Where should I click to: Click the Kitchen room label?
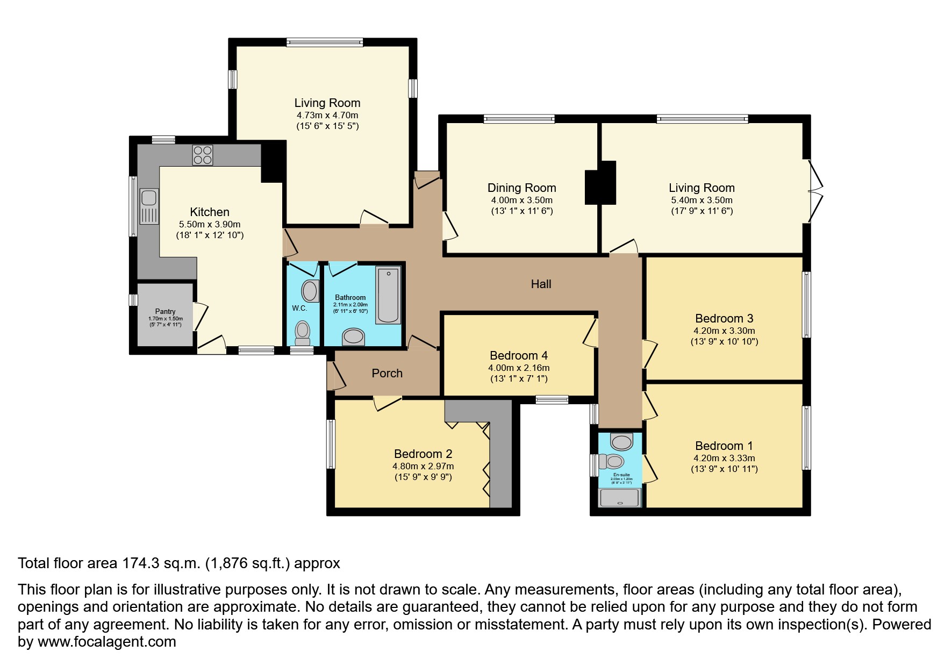coord(210,212)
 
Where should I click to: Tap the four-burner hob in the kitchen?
coord(203,155)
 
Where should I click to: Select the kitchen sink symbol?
coord(148,205)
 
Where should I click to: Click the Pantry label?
coord(165,311)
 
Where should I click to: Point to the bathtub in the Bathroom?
coord(388,295)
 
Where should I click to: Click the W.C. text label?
coord(299,308)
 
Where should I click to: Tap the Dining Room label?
coord(521,188)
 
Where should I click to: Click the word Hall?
coord(541,284)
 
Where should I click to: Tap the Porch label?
coord(387,373)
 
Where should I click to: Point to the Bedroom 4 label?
coord(519,355)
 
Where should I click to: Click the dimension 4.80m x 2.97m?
coord(423,466)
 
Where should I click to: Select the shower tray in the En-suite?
coord(620,497)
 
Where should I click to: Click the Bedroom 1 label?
coord(724,446)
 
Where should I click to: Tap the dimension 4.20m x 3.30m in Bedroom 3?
coord(724,331)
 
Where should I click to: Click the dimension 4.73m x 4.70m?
coord(327,115)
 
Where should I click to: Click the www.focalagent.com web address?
coord(106,642)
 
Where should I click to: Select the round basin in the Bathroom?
coord(353,337)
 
